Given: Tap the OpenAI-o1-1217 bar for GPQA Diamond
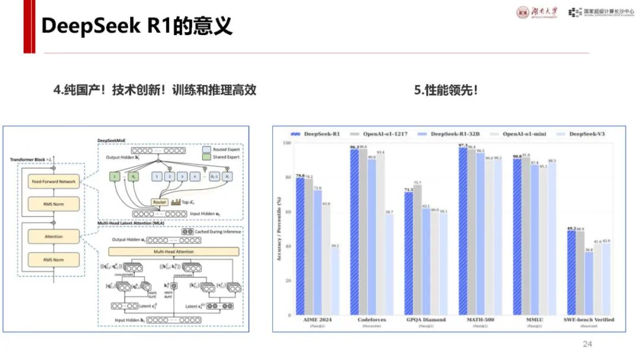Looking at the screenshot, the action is [417, 250].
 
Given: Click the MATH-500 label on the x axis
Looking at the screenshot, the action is [481, 320].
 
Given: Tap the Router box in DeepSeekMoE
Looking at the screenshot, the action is [160, 202].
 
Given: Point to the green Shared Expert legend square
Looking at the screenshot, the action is [206, 157].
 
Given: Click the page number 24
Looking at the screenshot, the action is [588, 344].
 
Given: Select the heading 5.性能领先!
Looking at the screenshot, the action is [446, 90].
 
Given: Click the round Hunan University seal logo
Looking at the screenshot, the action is [523, 12].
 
